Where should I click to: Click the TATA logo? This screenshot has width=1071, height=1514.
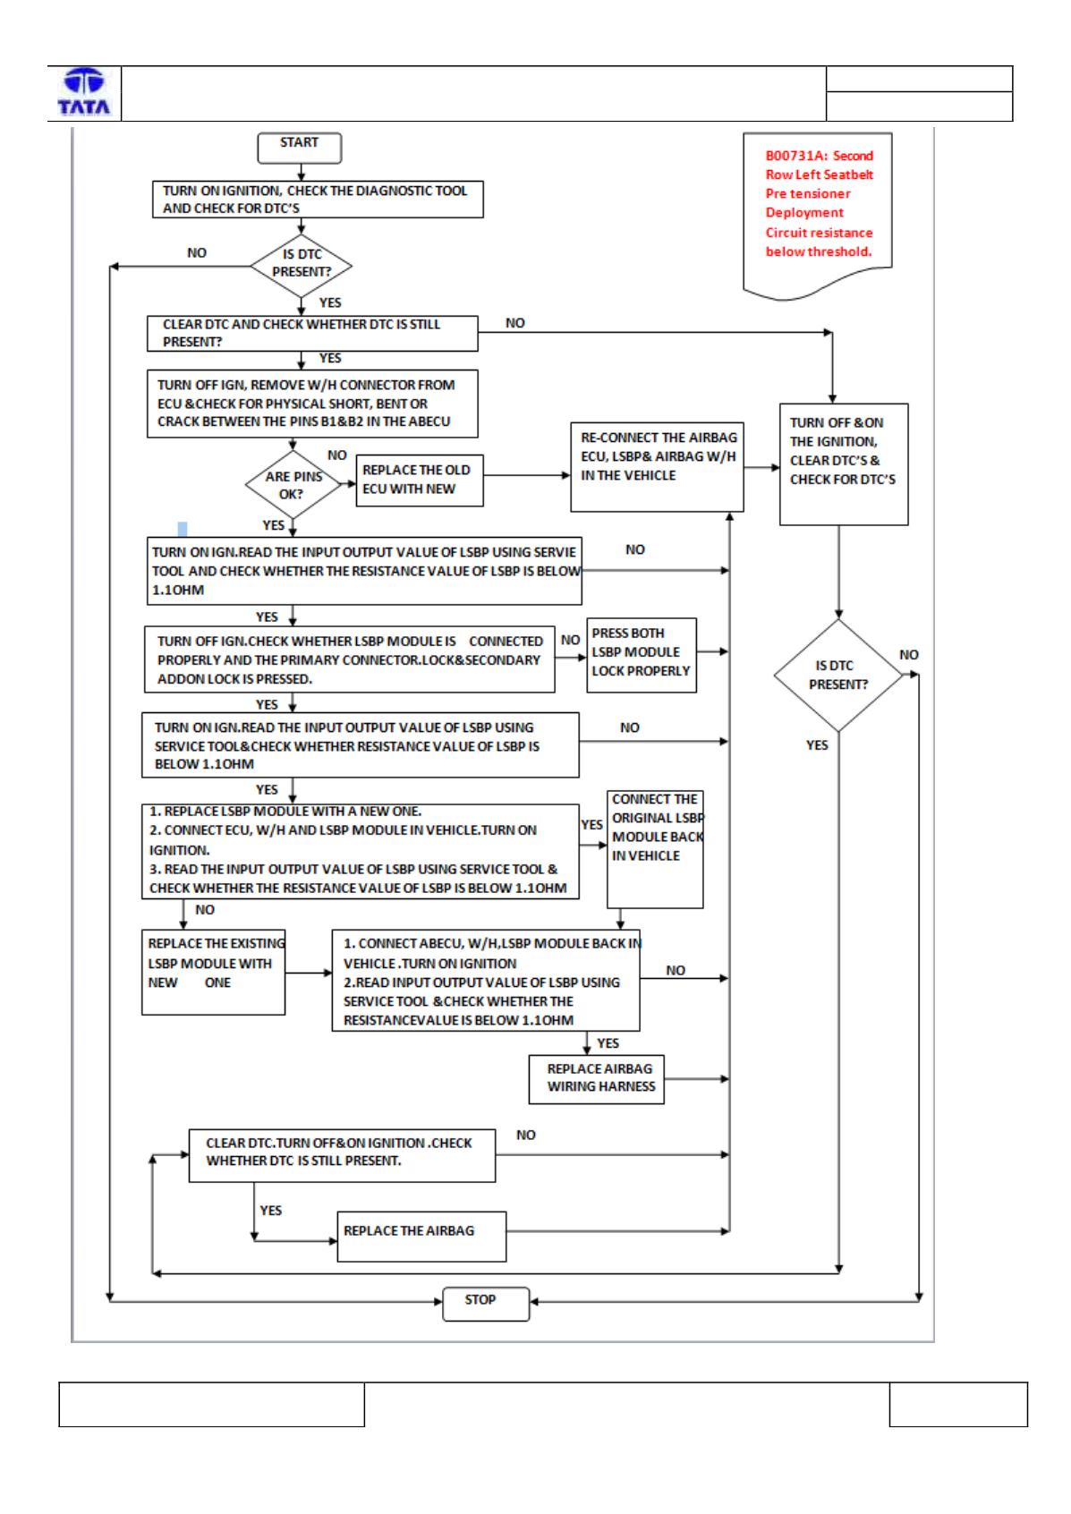[84, 91]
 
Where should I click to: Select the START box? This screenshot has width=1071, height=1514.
[300, 148]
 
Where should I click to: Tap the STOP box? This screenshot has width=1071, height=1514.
[485, 1303]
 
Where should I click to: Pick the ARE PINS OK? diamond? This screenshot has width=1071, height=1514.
[293, 485]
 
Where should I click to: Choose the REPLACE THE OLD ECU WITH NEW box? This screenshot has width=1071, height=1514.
[420, 480]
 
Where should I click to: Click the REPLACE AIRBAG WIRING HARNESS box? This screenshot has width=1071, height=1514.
[596, 1079]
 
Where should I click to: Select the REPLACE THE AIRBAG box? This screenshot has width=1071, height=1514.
[421, 1237]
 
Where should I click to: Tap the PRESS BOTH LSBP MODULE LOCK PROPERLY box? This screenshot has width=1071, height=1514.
[642, 654]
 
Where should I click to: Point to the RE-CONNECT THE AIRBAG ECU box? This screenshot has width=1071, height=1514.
[657, 466]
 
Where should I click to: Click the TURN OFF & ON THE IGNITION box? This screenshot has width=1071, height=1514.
[843, 464]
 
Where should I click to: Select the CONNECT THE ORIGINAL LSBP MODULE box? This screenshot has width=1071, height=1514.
[655, 849]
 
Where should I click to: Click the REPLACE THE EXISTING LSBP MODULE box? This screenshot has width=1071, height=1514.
[214, 972]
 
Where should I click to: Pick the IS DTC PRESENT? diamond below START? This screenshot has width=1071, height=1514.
[301, 266]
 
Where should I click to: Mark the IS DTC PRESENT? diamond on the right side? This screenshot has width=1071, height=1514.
[837, 675]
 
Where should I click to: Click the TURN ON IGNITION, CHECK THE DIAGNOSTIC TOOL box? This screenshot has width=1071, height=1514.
[318, 199]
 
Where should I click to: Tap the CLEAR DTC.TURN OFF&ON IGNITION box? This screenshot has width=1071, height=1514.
[342, 1155]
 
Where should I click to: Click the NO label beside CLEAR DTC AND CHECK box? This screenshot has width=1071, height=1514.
[514, 323]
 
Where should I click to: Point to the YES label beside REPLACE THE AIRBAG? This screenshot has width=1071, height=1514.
[270, 1210]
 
